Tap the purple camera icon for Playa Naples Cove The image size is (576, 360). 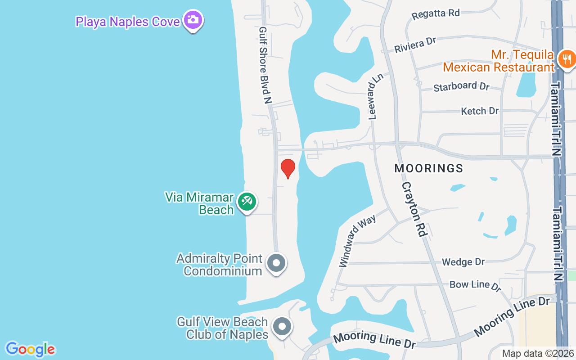(193, 20)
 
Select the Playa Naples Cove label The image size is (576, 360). (127, 22)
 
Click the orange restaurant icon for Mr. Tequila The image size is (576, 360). (566, 59)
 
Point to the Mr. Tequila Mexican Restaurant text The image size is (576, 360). (499, 61)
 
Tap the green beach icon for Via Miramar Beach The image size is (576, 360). (247, 201)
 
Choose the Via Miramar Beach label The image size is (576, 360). (199, 203)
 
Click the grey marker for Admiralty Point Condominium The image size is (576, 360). (276, 263)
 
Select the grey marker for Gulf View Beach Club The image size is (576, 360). (282, 327)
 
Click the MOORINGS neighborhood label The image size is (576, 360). (429, 168)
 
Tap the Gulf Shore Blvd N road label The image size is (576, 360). (264, 65)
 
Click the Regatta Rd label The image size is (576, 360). (436, 13)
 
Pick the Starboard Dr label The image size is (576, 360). (461, 86)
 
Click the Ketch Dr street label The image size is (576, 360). (480, 111)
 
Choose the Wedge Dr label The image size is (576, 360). (463, 262)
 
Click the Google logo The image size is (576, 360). (31, 349)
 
